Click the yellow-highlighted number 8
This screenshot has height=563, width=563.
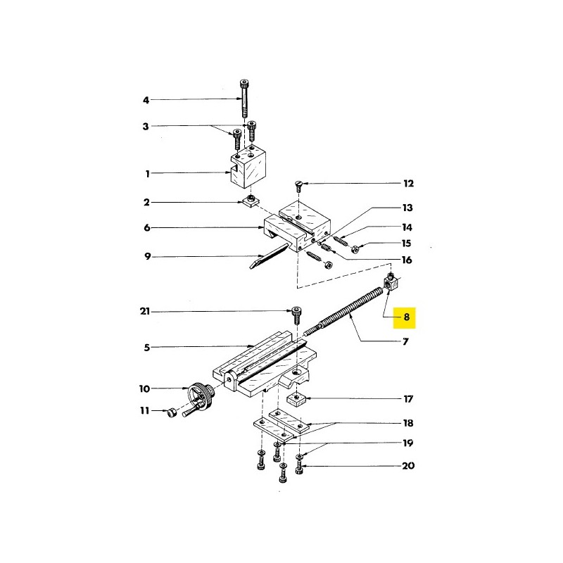(406, 317)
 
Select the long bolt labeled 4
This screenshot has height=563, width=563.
(244, 99)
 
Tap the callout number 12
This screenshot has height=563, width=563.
(409, 184)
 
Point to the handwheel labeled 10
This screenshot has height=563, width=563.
(202, 398)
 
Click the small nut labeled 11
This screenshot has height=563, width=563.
(172, 413)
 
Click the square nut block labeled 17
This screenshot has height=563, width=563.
(296, 399)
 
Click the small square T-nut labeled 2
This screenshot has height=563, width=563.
(251, 201)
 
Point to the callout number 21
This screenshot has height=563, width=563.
(145, 311)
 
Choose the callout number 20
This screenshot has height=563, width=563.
(408, 466)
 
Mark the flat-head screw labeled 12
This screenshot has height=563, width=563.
(298, 186)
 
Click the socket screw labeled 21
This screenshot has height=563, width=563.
(296, 315)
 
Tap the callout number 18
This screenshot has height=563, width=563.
(408, 423)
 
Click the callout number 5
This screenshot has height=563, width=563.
(147, 348)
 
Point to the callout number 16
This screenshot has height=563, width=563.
(407, 260)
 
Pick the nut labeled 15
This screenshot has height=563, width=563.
(355, 249)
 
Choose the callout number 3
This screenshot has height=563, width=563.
(146, 127)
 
